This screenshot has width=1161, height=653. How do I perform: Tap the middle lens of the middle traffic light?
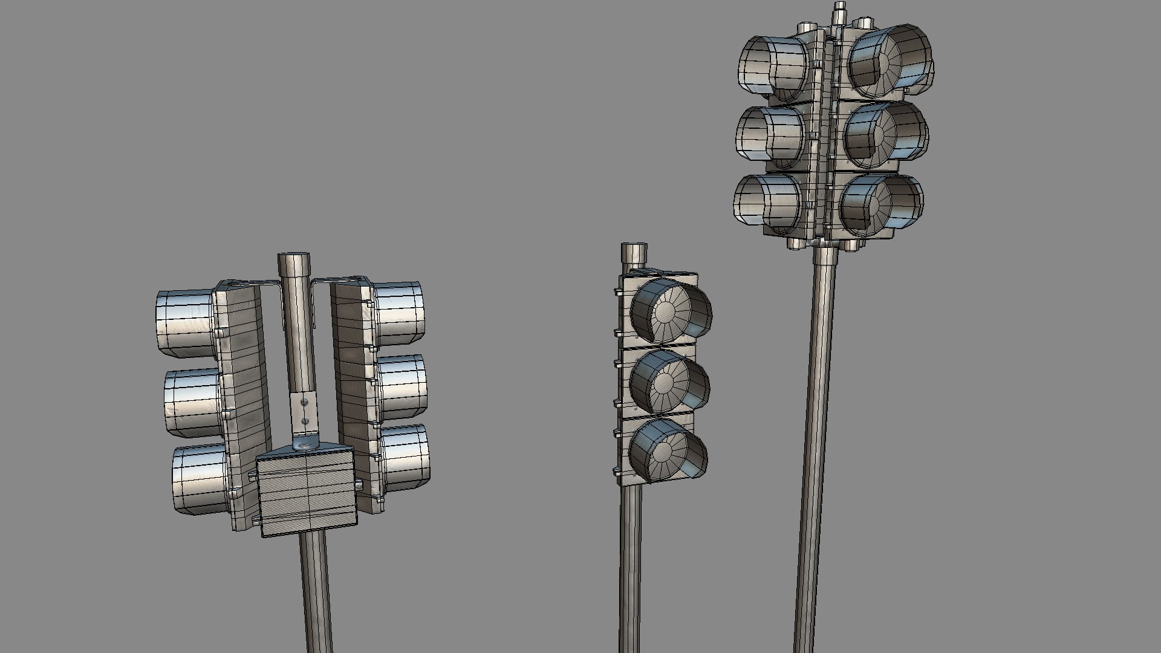(x=664, y=381)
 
